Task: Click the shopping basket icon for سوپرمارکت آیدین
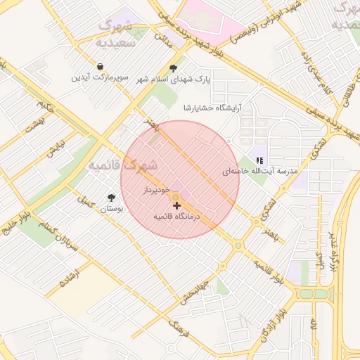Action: click(102, 66)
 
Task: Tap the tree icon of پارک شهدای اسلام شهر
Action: click(173, 68)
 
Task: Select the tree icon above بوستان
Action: click(110, 198)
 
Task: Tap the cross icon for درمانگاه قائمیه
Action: click(176, 205)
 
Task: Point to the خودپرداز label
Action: click(155, 190)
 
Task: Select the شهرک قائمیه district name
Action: click(124, 166)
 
